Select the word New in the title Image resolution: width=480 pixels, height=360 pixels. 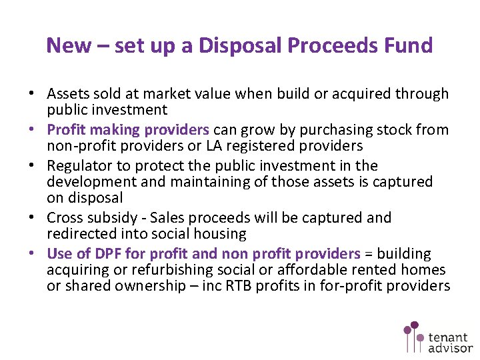click(69, 45)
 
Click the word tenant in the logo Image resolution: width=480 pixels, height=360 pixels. click(449, 336)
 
